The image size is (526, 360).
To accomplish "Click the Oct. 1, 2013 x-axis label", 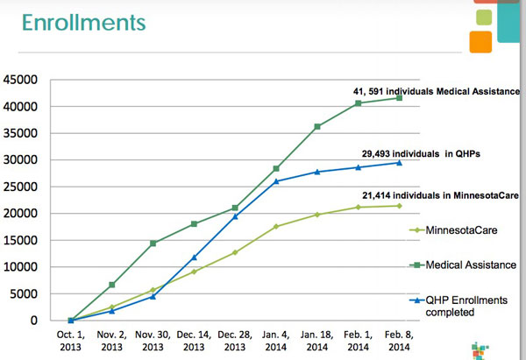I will [x=70, y=341].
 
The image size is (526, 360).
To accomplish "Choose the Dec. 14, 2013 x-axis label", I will [x=193, y=341].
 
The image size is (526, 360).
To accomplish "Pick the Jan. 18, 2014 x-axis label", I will [x=316, y=341].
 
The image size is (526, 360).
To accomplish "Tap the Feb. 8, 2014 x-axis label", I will [x=399, y=341].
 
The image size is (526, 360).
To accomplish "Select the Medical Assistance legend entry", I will [x=463, y=265].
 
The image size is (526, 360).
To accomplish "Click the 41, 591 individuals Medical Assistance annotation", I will [x=435, y=92].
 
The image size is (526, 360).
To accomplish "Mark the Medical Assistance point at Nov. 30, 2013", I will [x=153, y=244].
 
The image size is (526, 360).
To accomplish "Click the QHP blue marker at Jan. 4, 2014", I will [x=276, y=181].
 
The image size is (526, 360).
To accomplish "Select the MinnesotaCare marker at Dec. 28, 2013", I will [x=235, y=252].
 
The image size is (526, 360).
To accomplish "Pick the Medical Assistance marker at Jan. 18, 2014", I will [x=317, y=126].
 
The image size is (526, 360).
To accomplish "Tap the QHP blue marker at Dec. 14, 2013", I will [x=194, y=258].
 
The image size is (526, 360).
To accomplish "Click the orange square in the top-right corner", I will [x=480, y=41].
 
